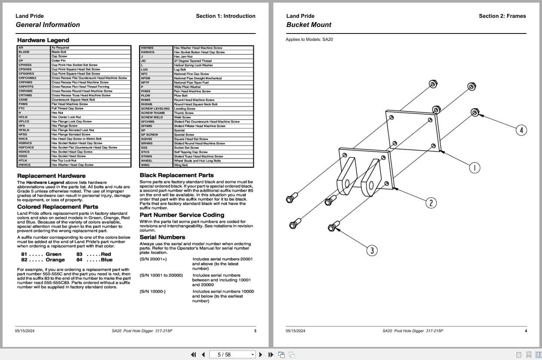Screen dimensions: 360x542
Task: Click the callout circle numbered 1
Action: point(475,168)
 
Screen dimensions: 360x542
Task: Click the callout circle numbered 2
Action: point(431,203)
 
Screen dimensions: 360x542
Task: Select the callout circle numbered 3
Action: point(372,250)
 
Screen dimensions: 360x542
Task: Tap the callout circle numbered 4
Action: point(521,130)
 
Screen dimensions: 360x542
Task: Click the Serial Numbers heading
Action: point(162,237)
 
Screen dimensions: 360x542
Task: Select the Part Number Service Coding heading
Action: point(182,215)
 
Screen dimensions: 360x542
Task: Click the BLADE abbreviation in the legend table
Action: point(24,52)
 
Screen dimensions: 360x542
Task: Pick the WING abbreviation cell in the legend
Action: point(145,165)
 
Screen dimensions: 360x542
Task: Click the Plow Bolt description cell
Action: point(181,96)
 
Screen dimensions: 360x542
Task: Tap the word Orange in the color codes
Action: point(55,260)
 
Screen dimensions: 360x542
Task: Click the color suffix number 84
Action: point(79,260)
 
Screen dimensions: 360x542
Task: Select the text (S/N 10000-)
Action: point(153,291)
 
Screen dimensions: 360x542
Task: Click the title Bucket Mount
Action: point(309,25)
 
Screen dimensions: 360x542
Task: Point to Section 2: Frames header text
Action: point(502,16)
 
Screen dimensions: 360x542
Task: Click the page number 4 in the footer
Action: point(525,331)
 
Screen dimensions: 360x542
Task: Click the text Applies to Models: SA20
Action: point(309,40)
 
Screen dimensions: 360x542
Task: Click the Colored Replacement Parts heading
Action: point(57,207)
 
